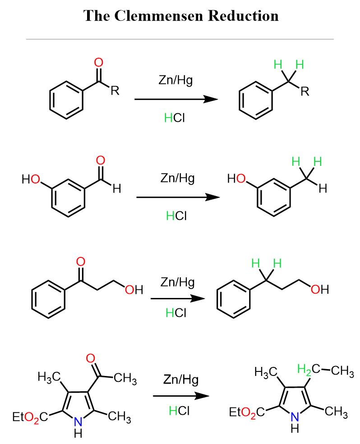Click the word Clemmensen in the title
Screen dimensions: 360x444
coord(159,16)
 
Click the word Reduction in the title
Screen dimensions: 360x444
coord(243,16)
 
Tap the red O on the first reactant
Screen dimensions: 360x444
coord(99,63)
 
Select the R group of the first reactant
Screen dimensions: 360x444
coord(115,91)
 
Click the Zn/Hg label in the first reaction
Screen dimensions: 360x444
coord(176,80)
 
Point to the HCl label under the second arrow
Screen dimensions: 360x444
coord(176,216)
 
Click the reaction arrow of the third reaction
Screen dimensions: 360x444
coord(178,298)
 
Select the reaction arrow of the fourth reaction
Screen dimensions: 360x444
coord(181,396)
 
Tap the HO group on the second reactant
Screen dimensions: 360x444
coord(31,179)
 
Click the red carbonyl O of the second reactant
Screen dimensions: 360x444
coord(100,160)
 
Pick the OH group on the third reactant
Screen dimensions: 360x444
coord(134,290)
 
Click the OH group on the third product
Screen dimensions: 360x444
coord(320,289)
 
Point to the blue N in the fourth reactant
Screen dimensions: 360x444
coord(78,422)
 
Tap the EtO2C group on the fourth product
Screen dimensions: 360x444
coord(247,412)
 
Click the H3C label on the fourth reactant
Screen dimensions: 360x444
coord(49,377)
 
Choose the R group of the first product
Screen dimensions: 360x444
coord(305,92)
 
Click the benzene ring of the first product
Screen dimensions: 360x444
coord(256,101)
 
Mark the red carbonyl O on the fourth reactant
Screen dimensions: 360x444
coord(90,358)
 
